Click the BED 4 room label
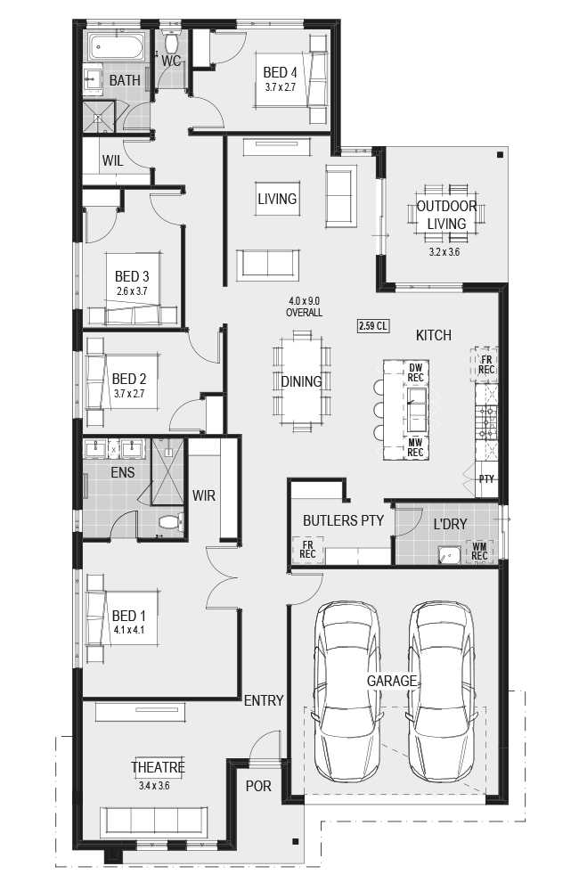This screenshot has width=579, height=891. [x=280, y=73]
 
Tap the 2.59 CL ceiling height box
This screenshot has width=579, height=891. [x=372, y=325]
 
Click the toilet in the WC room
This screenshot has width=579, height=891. [x=170, y=40]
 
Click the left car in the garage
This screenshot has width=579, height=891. [x=347, y=691]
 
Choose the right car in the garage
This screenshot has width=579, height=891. [x=441, y=691]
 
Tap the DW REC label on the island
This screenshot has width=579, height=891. [x=415, y=372]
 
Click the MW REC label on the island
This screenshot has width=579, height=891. [x=415, y=447]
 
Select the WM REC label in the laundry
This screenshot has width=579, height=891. [x=479, y=552]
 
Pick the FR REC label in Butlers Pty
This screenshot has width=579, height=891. [x=307, y=550]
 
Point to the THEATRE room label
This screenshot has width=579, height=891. [x=158, y=767]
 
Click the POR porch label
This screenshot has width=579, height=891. [x=258, y=787]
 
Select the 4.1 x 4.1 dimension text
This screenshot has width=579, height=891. [x=129, y=630]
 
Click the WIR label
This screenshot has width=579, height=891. [x=204, y=495]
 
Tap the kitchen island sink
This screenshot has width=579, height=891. [x=416, y=409]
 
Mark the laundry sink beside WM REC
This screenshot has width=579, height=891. [x=450, y=555]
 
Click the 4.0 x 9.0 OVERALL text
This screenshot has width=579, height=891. [x=304, y=307]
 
